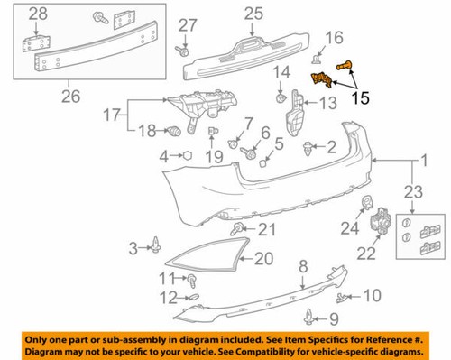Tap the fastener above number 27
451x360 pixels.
pyautogui.click(x=185, y=47)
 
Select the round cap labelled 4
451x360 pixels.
pyautogui.click(x=191, y=156)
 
